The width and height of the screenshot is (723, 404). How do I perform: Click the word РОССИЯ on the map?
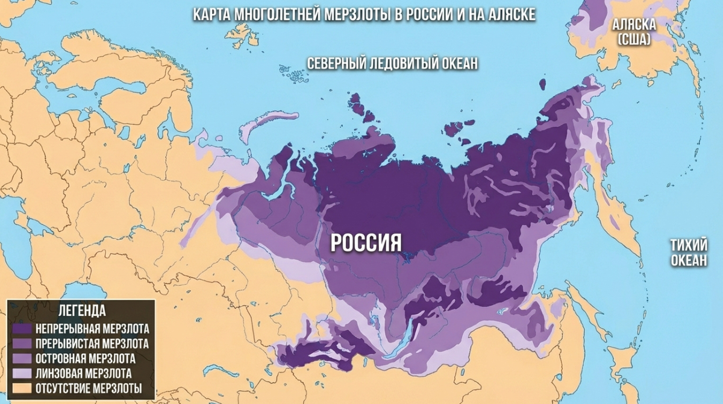click(x=366, y=242)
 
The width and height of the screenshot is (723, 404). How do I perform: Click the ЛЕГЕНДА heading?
click(x=81, y=311)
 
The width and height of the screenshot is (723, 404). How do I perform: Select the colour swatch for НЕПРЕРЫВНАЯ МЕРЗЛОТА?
click(x=22, y=330)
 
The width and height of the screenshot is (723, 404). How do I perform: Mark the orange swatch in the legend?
click(x=22, y=388)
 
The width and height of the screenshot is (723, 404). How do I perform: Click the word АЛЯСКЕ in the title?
click(x=506, y=14)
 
